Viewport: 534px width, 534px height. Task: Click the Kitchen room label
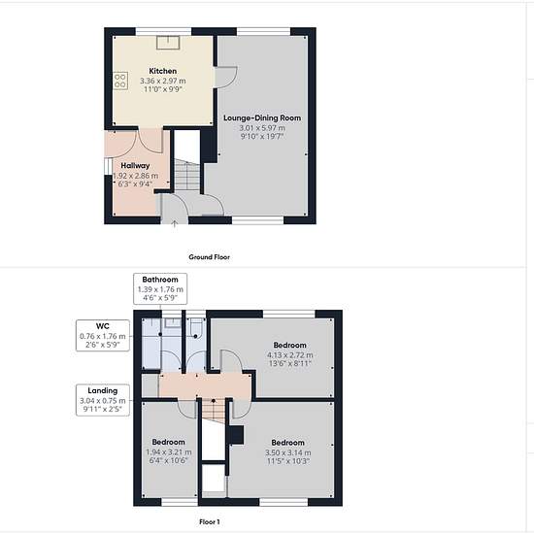(x=163, y=71)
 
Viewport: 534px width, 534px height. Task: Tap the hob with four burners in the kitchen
(x=120, y=81)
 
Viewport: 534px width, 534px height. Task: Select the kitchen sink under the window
(x=168, y=42)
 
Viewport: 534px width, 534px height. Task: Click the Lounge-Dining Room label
(x=262, y=118)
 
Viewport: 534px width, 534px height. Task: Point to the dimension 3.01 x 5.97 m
(x=262, y=128)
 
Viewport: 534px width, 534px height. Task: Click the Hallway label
(x=135, y=166)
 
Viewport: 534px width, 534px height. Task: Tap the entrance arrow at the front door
(x=175, y=223)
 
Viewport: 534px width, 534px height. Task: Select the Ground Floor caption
(x=209, y=257)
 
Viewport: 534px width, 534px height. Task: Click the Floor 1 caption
(x=209, y=521)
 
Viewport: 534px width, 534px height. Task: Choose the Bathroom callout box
(x=160, y=288)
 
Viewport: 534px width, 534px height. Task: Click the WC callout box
(x=103, y=336)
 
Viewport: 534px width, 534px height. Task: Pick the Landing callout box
(x=103, y=400)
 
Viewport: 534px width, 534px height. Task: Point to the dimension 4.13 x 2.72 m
(x=290, y=355)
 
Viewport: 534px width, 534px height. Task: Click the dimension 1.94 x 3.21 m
(x=169, y=452)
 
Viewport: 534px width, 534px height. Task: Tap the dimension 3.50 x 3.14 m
(x=287, y=452)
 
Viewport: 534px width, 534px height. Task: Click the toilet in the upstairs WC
(x=196, y=328)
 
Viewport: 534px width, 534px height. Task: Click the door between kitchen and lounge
(x=226, y=78)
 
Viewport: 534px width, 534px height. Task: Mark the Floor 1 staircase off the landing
(x=214, y=411)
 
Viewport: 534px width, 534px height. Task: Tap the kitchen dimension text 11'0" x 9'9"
(x=163, y=89)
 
